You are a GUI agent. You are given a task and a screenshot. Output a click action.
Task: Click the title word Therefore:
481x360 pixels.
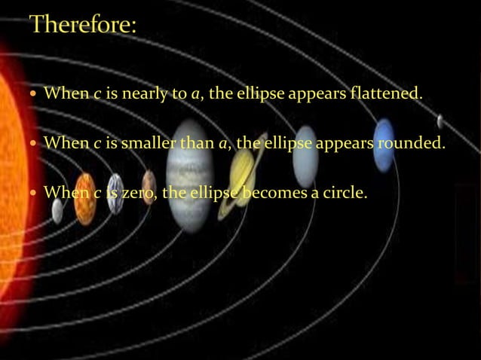83,26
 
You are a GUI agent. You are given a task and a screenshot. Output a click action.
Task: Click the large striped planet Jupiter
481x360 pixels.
190,173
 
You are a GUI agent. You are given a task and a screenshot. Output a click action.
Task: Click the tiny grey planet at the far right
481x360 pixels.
440,121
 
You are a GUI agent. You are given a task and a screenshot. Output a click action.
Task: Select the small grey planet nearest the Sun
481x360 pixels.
57,210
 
